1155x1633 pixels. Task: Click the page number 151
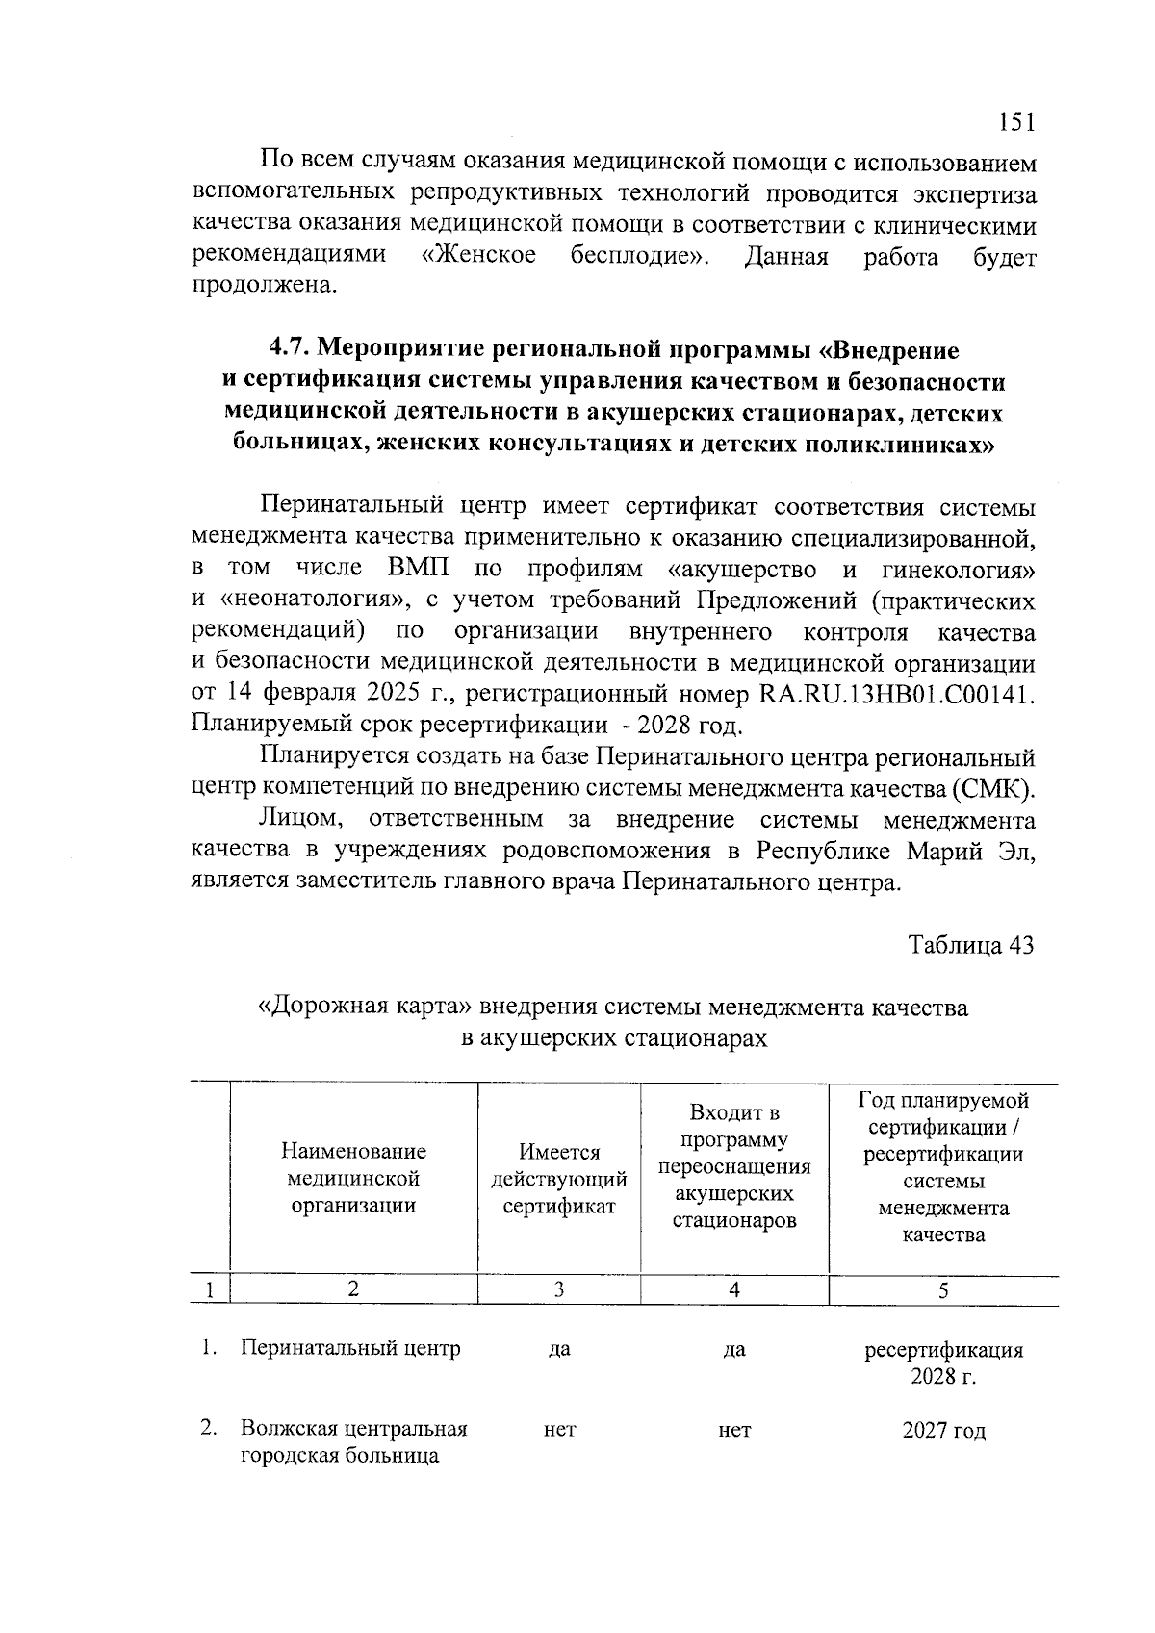1015,122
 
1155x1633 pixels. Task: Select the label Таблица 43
971,945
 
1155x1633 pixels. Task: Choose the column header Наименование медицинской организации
353,1178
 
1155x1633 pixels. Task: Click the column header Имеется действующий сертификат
559,1178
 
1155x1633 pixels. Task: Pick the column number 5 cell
943,1290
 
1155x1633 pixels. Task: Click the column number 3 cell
559,1290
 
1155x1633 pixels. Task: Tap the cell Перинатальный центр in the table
350,1348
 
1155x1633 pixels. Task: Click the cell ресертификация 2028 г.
943,1363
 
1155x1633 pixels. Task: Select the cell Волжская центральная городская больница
353,1442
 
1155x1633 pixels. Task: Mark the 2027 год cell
943,1431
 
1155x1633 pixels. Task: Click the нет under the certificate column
559,1431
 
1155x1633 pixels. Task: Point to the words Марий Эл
970,852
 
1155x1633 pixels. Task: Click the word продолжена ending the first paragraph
266,286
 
